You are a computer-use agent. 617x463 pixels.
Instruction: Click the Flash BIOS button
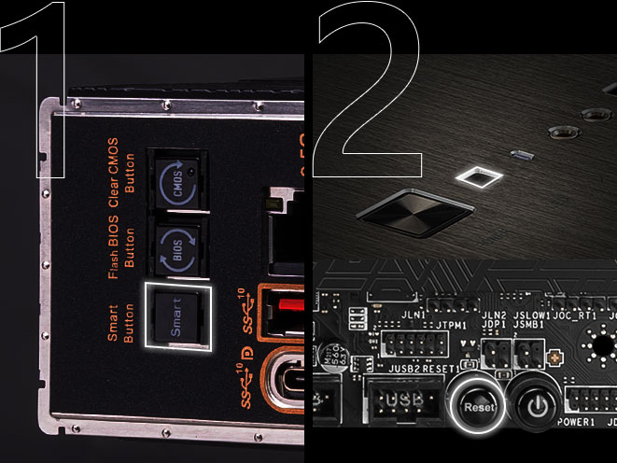pyautogui.click(x=175, y=251)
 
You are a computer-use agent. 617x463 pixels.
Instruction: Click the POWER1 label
pyautogui.click(x=575, y=423)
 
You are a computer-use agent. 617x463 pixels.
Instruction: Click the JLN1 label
pyautogui.click(x=414, y=315)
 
